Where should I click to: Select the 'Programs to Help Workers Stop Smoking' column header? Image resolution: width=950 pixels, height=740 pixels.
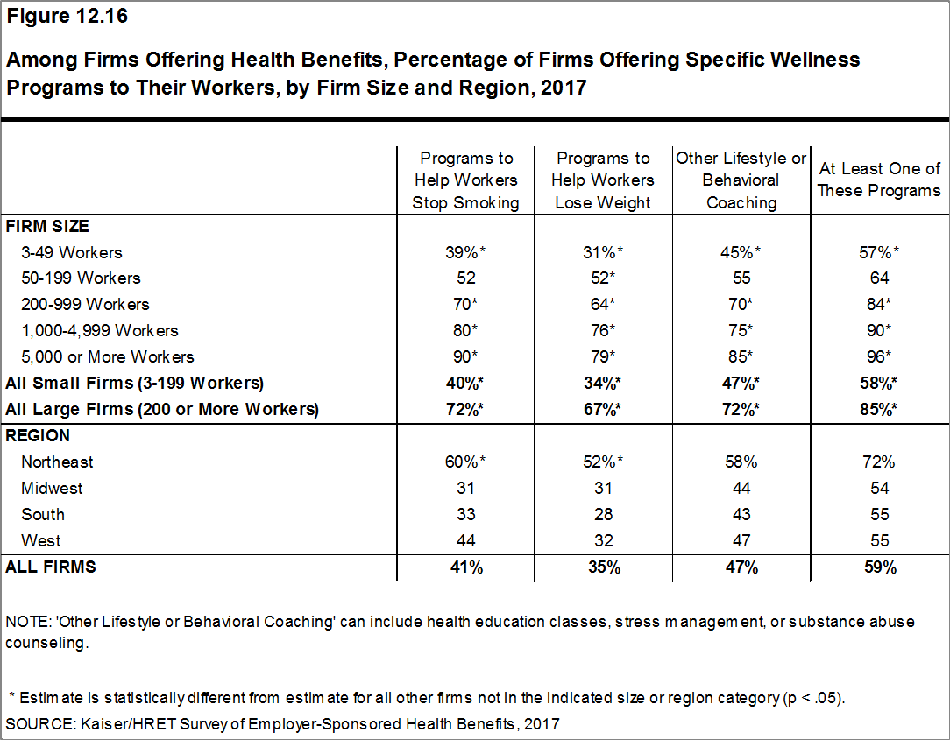click(x=466, y=180)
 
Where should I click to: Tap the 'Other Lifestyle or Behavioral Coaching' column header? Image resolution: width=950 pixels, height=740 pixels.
click(x=741, y=180)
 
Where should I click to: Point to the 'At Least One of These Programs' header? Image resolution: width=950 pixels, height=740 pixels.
click(x=879, y=180)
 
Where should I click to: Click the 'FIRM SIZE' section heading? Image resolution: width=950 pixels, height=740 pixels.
click(x=47, y=226)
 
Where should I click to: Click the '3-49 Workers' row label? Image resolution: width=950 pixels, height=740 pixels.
click(x=72, y=252)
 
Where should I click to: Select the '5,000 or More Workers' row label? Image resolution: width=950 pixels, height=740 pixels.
click(x=108, y=356)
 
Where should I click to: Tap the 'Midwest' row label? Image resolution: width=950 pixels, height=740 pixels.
click(x=53, y=488)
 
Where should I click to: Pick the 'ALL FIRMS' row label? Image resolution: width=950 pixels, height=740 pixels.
click(x=51, y=567)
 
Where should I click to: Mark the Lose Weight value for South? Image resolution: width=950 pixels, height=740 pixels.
click(x=603, y=514)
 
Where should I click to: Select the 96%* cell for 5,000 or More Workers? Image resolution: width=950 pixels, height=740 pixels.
click(x=880, y=356)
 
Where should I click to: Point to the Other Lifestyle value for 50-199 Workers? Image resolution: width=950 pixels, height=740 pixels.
click(x=741, y=278)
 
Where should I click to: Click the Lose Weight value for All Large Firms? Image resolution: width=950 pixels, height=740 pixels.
click(x=603, y=409)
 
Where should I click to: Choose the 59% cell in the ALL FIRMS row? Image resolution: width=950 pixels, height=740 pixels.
click(x=880, y=567)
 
